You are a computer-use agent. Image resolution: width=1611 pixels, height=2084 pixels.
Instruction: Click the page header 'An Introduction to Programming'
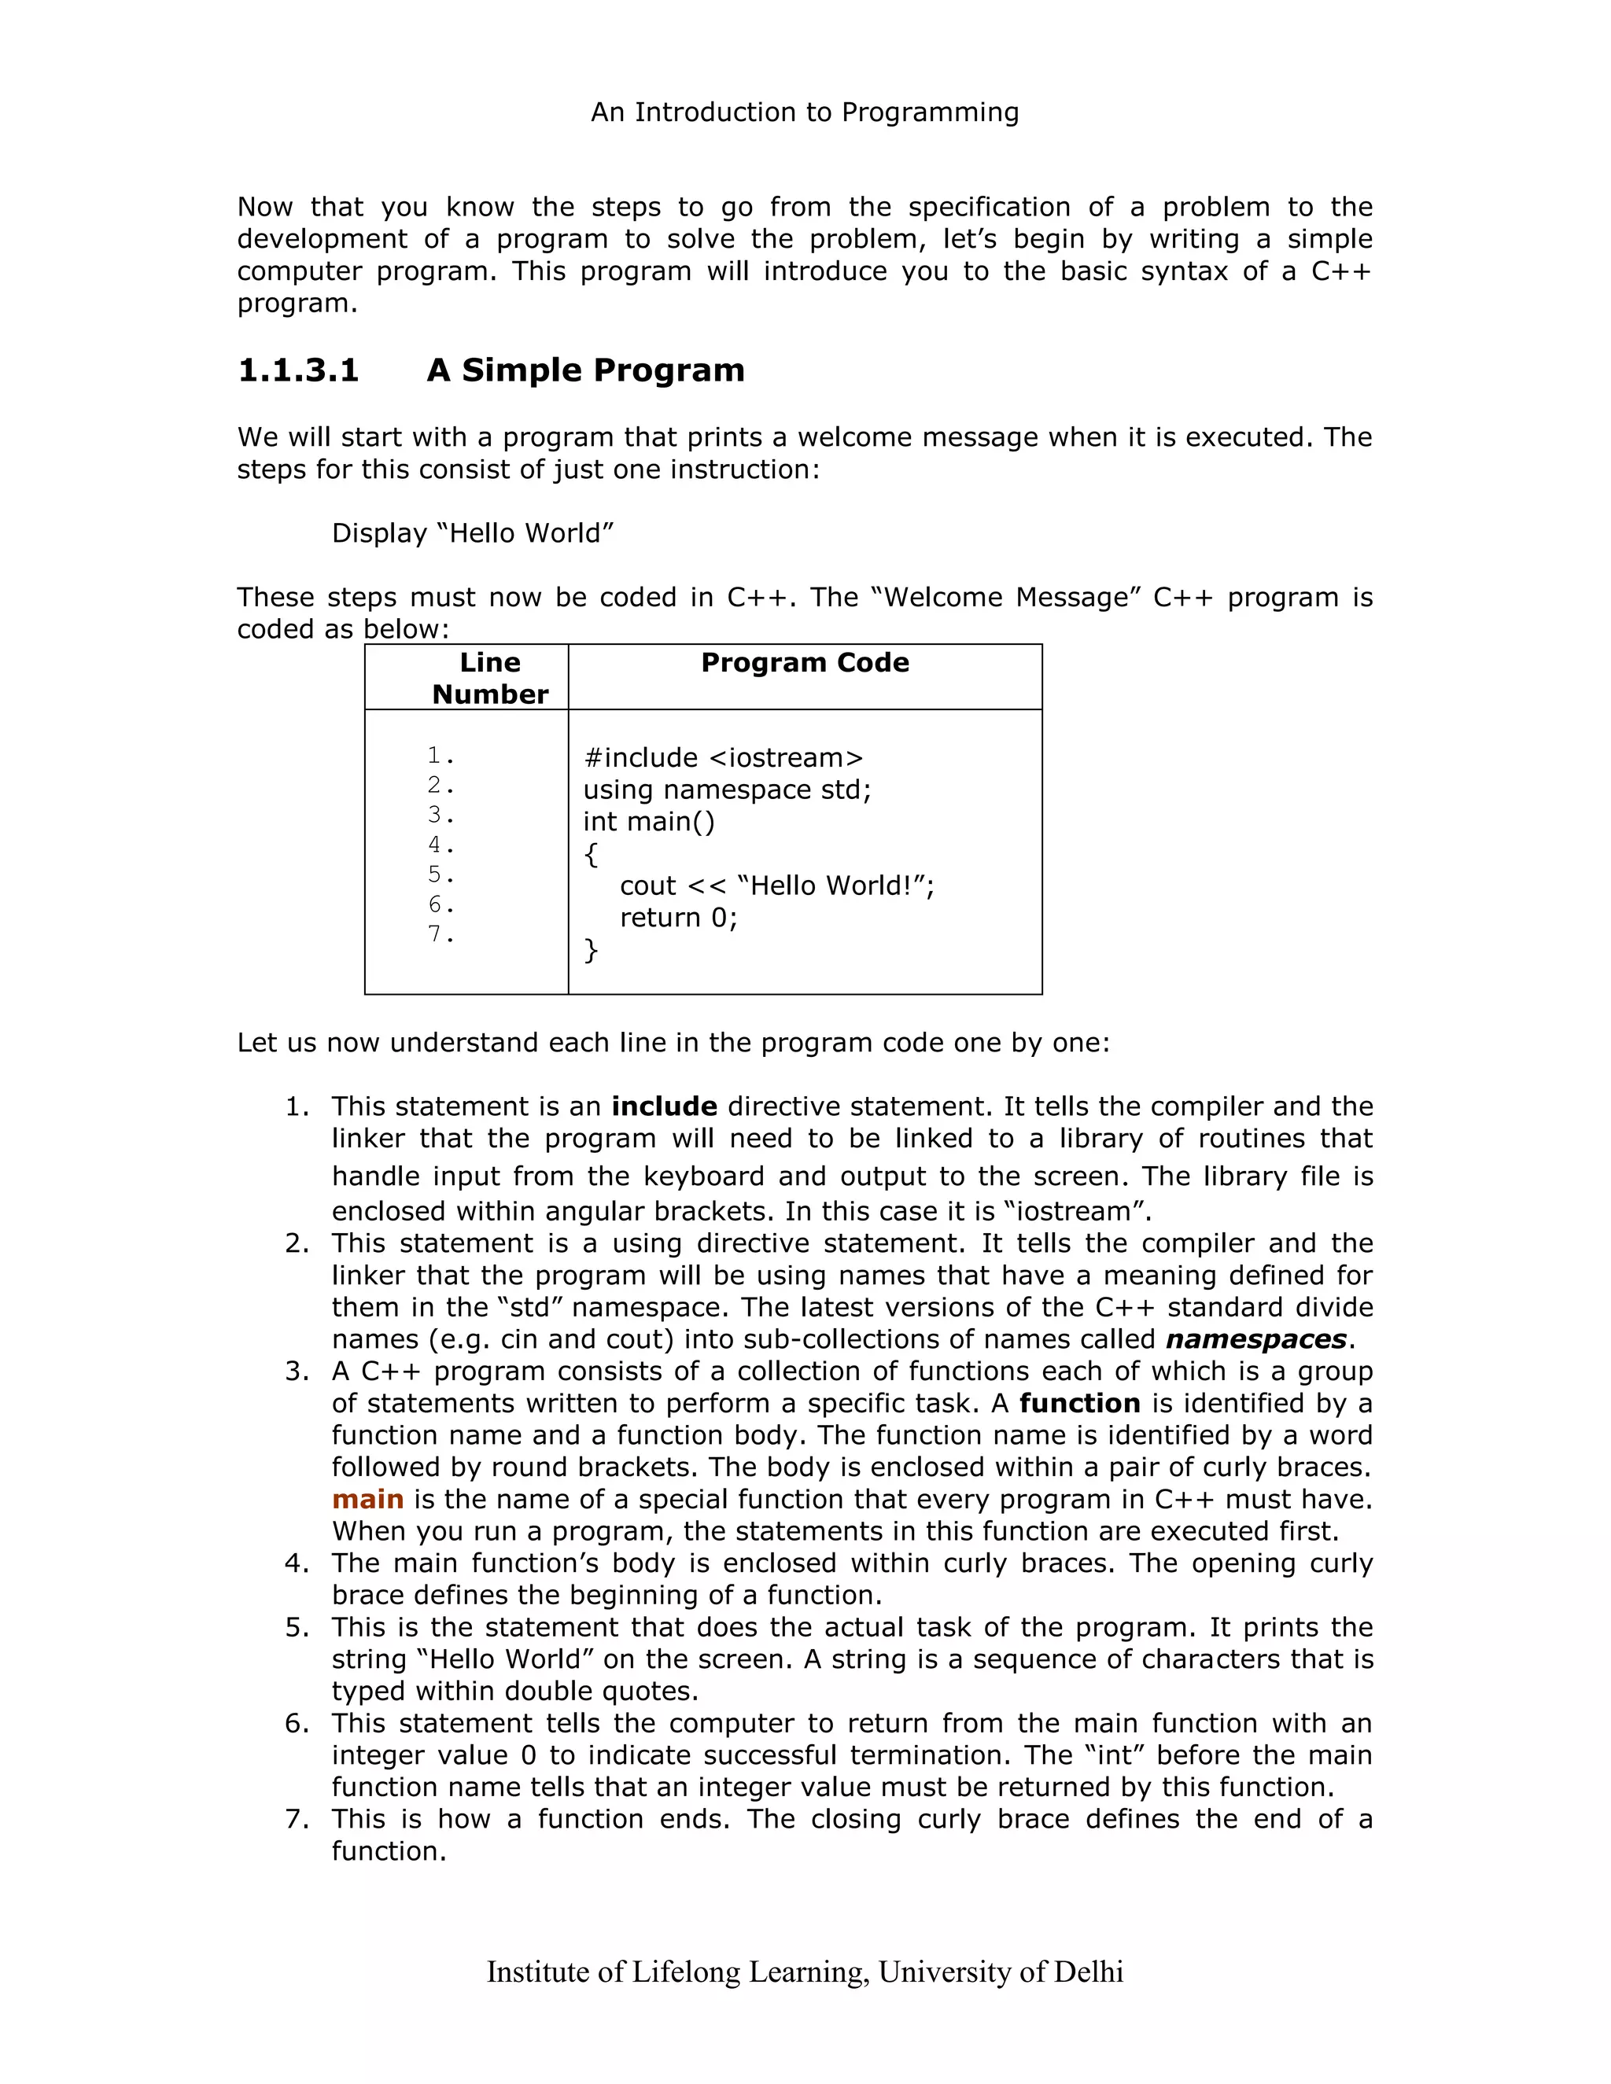pyautogui.click(x=805, y=112)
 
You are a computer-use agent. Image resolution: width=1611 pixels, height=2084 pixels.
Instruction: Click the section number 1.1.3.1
pyautogui.click(x=298, y=370)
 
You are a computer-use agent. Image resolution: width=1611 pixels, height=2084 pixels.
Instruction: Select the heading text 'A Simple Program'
pyautogui.click(x=585, y=370)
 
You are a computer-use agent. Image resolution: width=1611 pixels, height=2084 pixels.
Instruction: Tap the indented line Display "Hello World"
pyautogui.click(x=473, y=533)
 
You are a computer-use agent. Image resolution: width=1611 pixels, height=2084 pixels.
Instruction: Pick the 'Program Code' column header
pyautogui.click(x=805, y=662)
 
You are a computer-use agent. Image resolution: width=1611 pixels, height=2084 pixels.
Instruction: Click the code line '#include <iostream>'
pyautogui.click(x=722, y=757)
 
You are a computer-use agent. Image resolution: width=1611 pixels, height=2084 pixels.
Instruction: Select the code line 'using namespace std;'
pyautogui.click(x=728, y=790)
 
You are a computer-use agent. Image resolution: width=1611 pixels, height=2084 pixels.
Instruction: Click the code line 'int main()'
pyautogui.click(x=649, y=822)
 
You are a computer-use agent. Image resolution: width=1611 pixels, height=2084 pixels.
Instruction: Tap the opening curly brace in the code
pyautogui.click(x=591, y=854)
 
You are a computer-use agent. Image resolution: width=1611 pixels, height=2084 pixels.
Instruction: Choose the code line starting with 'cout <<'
pyautogui.click(x=777, y=886)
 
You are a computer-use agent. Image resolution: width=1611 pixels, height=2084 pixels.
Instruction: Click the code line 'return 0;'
pyautogui.click(x=679, y=918)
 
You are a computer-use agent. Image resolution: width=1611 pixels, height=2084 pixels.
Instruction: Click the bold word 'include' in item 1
pyautogui.click(x=664, y=1107)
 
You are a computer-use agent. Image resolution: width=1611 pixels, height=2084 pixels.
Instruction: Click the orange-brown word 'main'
pyautogui.click(x=367, y=1499)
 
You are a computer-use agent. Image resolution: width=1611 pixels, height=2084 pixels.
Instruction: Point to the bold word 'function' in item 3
pyautogui.click(x=1079, y=1404)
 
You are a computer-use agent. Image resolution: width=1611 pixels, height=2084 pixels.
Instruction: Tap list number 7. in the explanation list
pyautogui.click(x=297, y=1819)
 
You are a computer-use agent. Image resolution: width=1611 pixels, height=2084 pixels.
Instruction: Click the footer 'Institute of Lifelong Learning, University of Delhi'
pyautogui.click(x=805, y=1972)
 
